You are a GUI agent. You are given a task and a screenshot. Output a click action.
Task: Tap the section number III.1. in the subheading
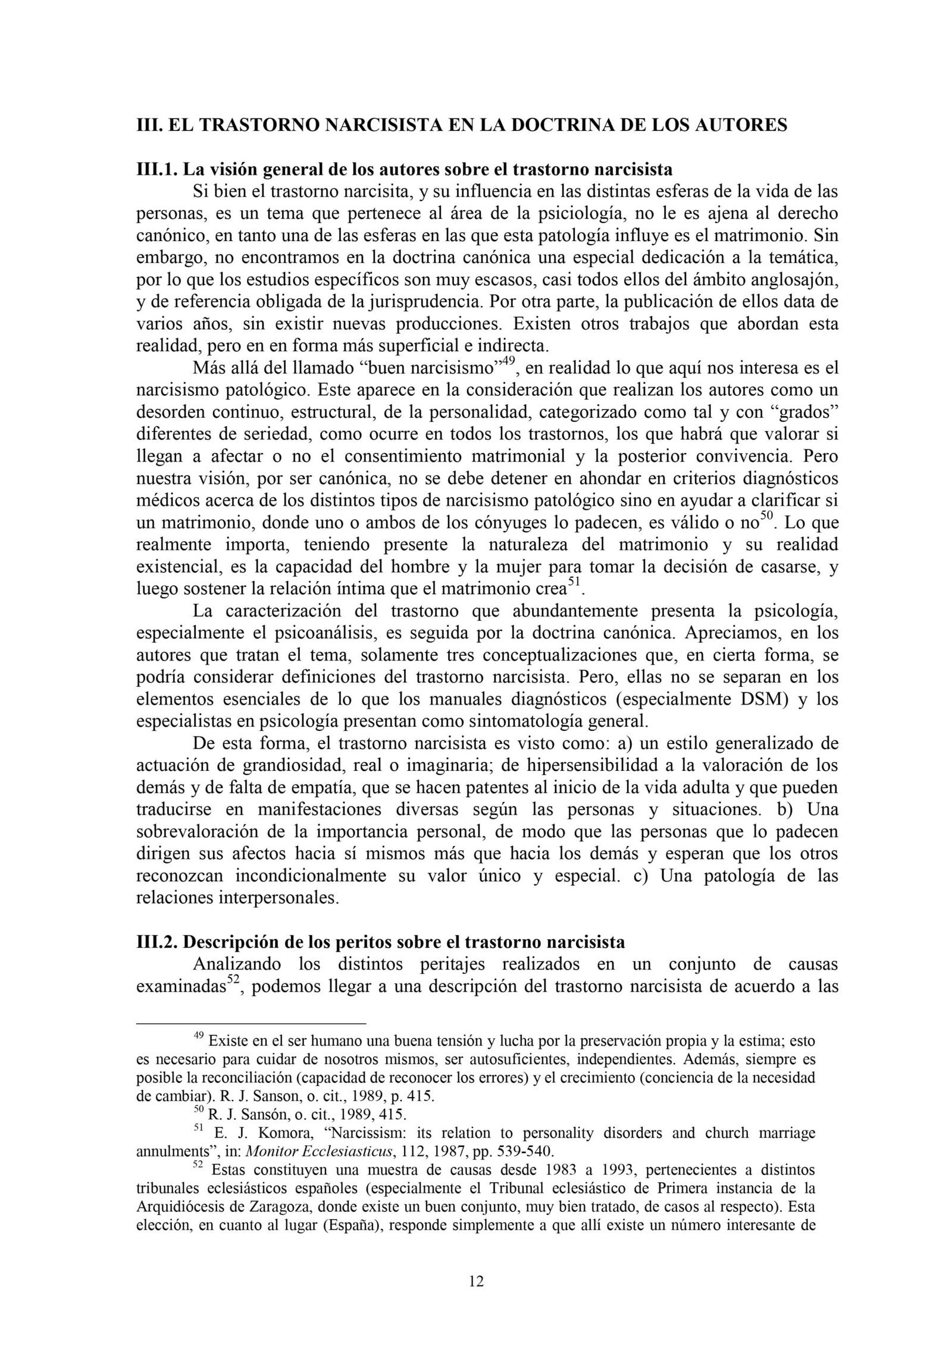coord(157,170)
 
